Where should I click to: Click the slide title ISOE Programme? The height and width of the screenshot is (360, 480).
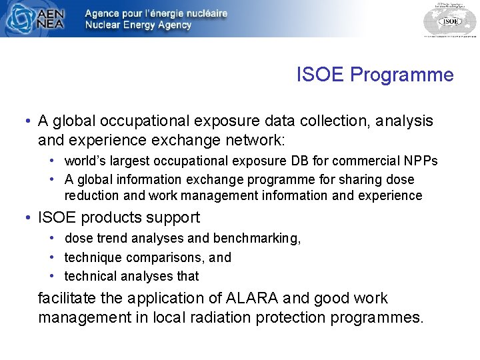coord(375,75)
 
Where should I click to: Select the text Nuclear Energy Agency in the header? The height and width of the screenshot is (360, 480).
coord(138,25)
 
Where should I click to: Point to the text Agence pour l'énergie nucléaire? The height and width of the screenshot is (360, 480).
coord(156,13)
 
